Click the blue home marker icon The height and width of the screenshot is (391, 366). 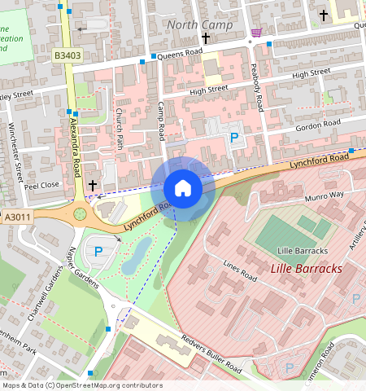pos(183,189)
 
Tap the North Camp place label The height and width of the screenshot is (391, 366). pos(199,24)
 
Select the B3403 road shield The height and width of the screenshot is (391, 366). pos(68,55)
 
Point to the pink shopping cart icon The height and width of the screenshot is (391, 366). pos(257,33)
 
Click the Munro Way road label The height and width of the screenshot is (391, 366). pos(325,195)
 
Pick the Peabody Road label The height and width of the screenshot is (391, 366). pos(258,86)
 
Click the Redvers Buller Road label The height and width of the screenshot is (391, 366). pos(211,352)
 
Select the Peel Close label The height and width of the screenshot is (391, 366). pos(41,185)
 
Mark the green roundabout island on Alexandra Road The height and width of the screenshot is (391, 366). pos(81,214)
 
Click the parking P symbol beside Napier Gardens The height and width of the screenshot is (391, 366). pos(98,252)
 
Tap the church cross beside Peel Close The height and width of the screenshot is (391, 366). pos(93,186)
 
